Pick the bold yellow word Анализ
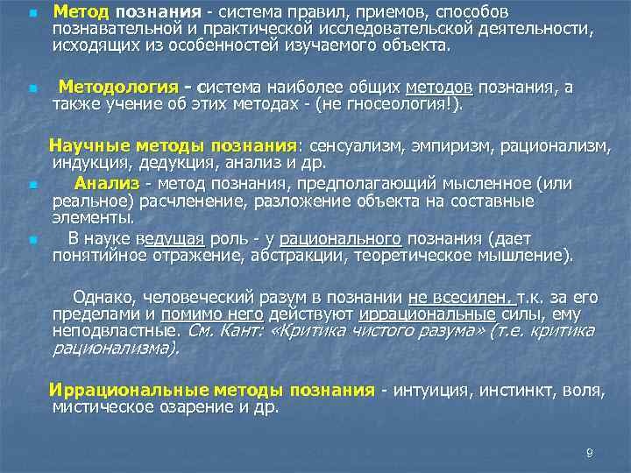click(107, 183)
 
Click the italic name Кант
click(237, 330)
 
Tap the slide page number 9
click(589, 453)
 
